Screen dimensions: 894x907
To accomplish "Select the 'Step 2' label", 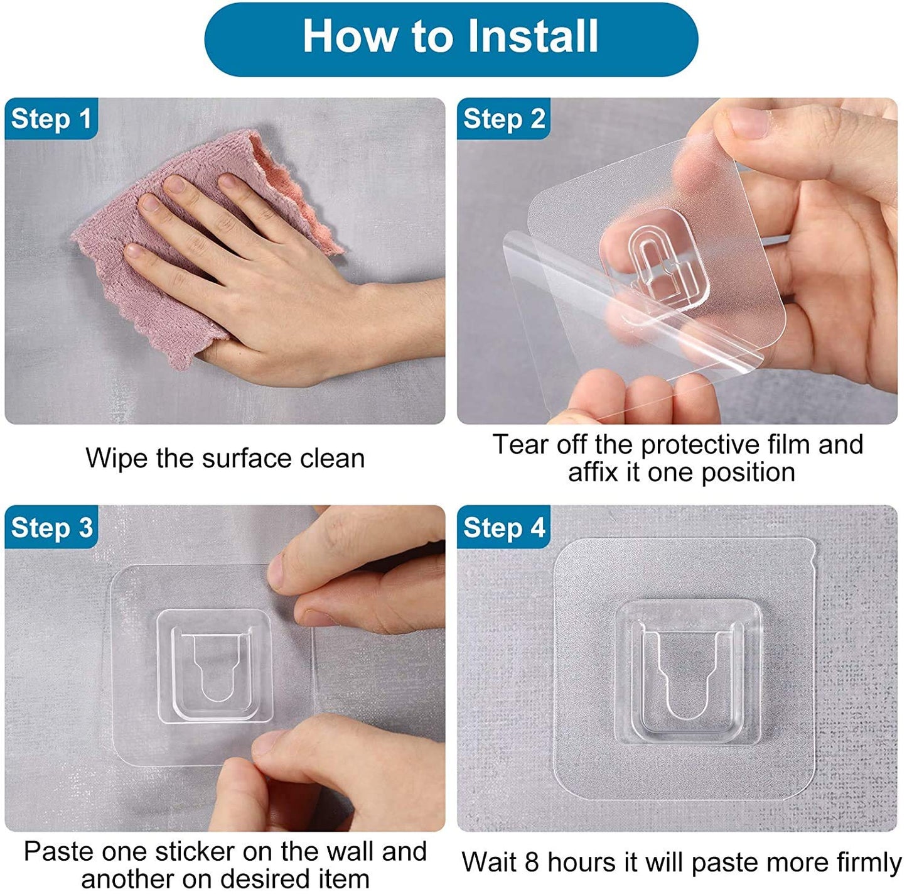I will coord(503,119).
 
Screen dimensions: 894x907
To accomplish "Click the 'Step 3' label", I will coord(51,528).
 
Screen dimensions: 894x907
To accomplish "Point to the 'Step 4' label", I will coord(503,528).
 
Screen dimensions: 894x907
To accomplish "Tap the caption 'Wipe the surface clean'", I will coord(225,458).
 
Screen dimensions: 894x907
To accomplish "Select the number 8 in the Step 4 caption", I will coord(532,862).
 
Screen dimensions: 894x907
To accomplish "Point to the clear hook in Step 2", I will coord(656,264).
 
